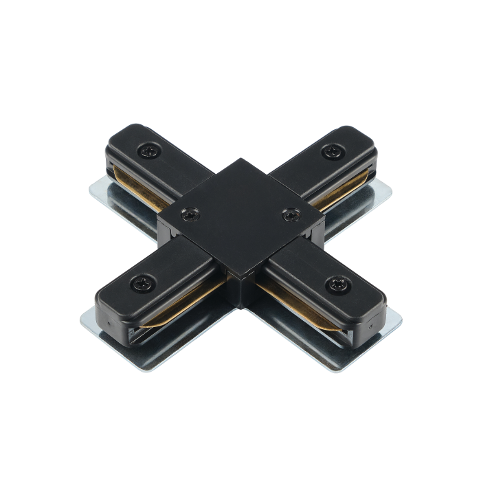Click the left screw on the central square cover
click(187, 215)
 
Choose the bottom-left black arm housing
click(158, 289)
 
